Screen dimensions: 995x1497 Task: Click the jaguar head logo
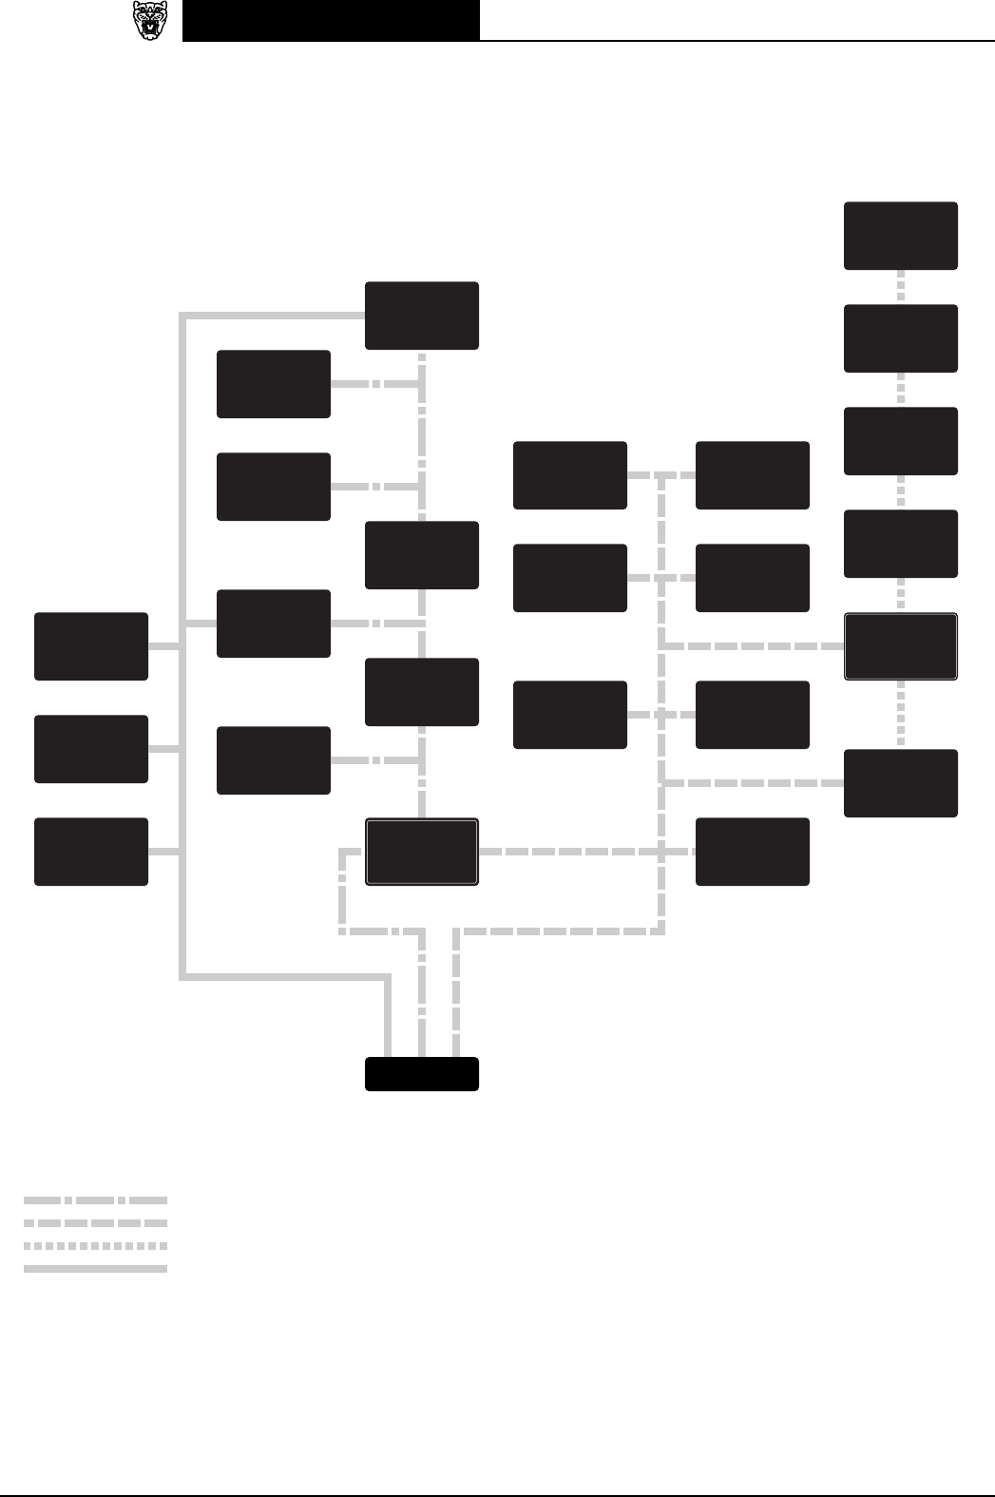click(x=150, y=21)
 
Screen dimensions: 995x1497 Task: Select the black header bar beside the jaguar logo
click(x=331, y=21)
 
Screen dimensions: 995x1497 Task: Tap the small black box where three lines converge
click(x=422, y=1074)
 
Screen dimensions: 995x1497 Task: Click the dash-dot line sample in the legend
click(x=95, y=1200)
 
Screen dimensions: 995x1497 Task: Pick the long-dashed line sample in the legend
click(x=95, y=1223)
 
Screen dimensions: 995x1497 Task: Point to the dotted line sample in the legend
click(x=95, y=1246)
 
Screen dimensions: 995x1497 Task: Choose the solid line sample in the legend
click(x=95, y=1269)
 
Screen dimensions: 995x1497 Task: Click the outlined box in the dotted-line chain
click(x=901, y=646)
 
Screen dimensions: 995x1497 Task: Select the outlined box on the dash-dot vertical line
click(x=422, y=852)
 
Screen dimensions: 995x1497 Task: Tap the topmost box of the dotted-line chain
click(x=901, y=236)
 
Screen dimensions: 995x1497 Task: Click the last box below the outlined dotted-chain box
click(x=901, y=783)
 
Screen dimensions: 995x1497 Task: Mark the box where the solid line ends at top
click(x=422, y=316)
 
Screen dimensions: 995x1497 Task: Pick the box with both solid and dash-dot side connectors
click(x=274, y=624)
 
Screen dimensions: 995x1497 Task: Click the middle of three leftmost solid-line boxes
click(x=91, y=749)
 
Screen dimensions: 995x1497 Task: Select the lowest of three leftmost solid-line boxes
click(x=91, y=852)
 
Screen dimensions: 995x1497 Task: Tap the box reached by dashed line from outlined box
click(x=753, y=852)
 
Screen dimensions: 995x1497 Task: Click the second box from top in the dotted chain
click(x=901, y=338)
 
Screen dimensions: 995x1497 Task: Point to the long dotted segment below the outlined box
click(x=901, y=715)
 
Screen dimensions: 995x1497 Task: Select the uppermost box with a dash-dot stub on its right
click(x=274, y=384)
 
